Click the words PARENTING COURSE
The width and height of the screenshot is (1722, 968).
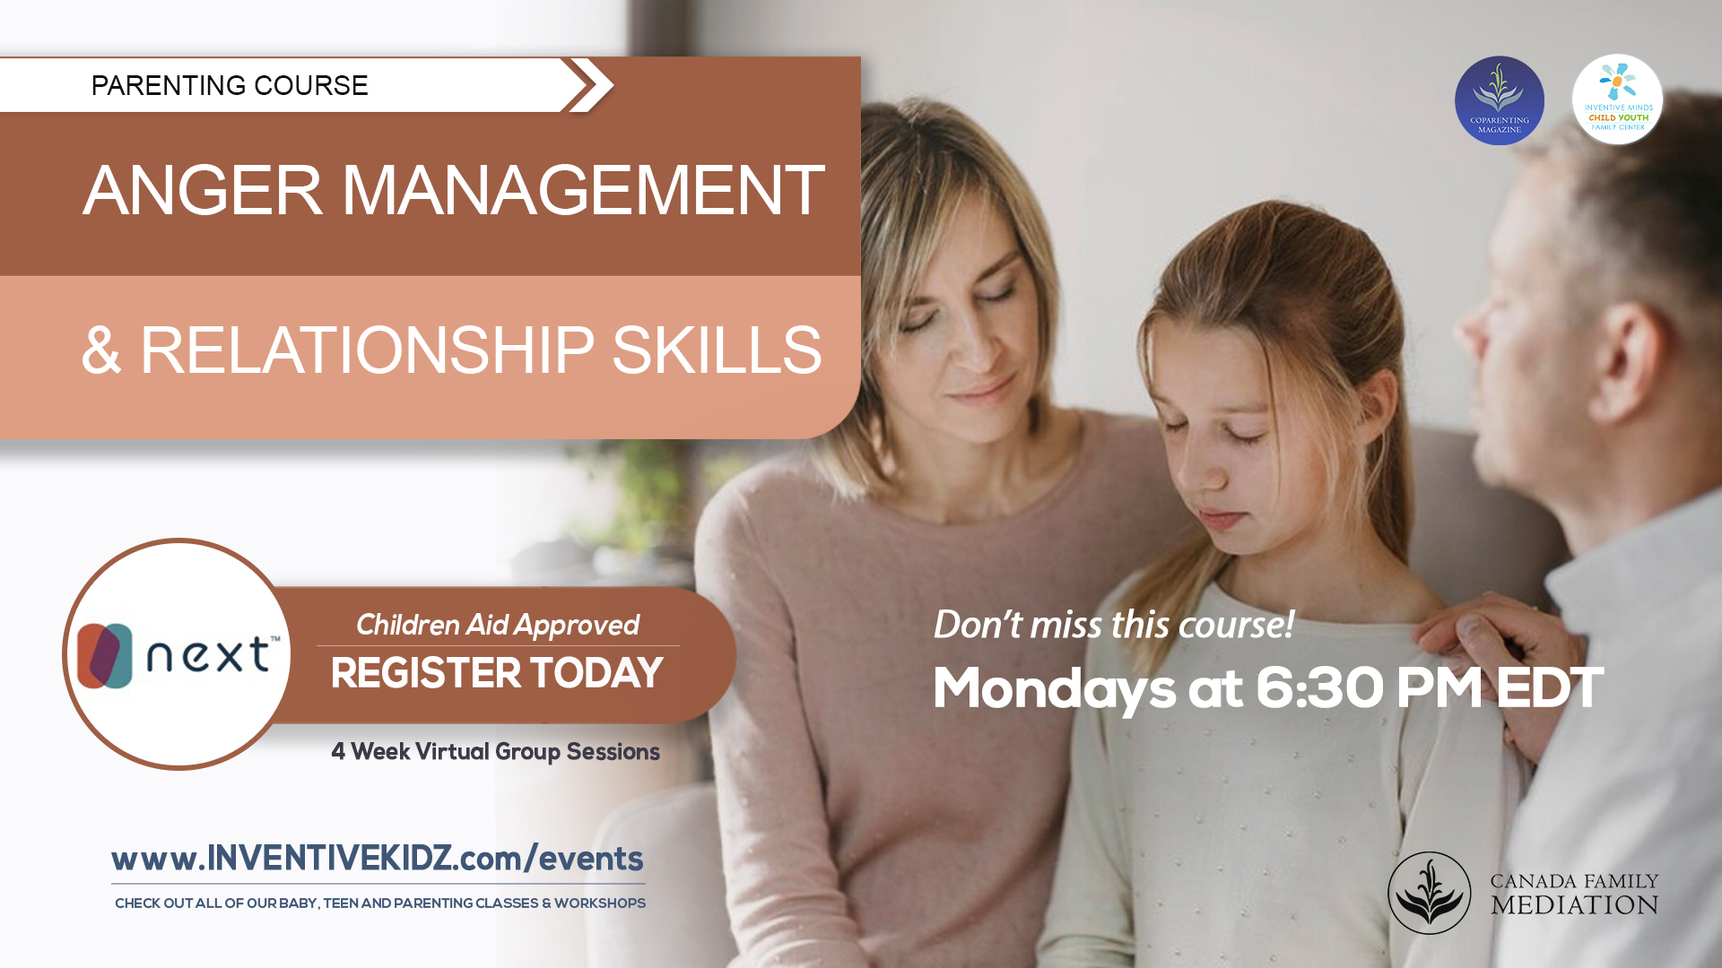point(230,85)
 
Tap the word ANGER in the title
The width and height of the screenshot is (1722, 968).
point(203,190)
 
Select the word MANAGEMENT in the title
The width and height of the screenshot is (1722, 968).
point(583,190)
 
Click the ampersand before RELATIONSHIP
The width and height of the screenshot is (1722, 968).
point(100,350)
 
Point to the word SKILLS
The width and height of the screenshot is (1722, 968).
point(717,350)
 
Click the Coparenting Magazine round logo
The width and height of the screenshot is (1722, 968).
point(1500,100)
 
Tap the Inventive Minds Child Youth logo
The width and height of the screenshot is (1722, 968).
point(1617,99)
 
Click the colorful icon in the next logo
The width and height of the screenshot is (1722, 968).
point(105,656)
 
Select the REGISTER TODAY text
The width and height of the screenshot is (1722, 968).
point(497,673)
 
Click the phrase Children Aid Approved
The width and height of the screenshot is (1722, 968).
point(498,625)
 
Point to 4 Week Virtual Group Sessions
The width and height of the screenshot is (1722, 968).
point(496,751)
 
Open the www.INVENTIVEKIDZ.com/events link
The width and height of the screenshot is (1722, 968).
point(378,859)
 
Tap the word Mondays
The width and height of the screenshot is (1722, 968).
point(1055,690)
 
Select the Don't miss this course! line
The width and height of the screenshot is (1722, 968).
point(1114,624)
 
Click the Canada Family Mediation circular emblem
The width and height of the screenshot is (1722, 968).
point(1430,893)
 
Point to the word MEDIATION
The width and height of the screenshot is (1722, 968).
point(1575,905)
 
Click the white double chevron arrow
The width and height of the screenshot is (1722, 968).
point(588,85)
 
